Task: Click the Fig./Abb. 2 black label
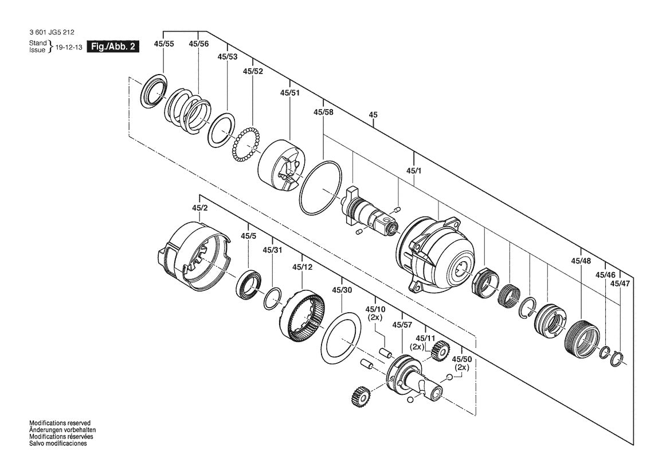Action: [x=112, y=47]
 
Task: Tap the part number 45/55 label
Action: [x=164, y=44]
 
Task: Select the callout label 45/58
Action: [x=323, y=112]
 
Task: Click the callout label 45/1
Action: [x=414, y=170]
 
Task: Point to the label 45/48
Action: [x=581, y=261]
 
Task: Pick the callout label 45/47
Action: [x=619, y=283]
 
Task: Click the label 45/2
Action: [x=199, y=208]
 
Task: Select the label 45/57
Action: [x=402, y=325]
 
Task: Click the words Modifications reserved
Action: [x=60, y=422]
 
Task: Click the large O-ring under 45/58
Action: [x=321, y=188]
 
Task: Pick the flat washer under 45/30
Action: [x=342, y=339]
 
